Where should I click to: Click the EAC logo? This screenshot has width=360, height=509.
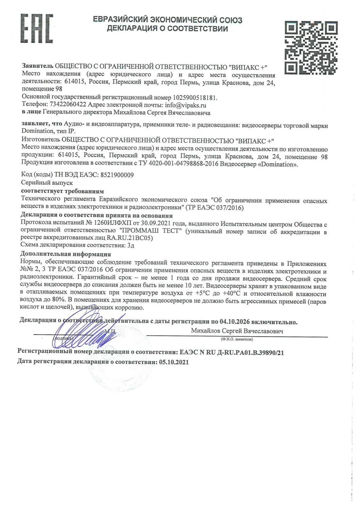click(x=37, y=29)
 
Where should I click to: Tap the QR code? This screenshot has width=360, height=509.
click(x=311, y=48)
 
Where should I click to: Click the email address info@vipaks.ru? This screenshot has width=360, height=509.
click(x=185, y=105)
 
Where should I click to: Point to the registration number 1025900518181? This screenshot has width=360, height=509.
click(x=195, y=98)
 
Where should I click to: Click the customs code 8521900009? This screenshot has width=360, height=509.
click(x=117, y=175)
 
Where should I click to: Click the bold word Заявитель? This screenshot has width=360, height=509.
click(x=38, y=66)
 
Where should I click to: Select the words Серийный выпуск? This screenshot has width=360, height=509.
click(x=47, y=183)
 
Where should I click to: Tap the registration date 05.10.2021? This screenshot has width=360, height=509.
click(x=174, y=362)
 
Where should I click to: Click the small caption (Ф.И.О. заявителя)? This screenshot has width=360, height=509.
click(x=237, y=339)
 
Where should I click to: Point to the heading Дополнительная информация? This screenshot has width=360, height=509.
click(x=66, y=254)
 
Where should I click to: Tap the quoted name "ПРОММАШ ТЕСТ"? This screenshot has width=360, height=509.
click(x=149, y=231)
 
